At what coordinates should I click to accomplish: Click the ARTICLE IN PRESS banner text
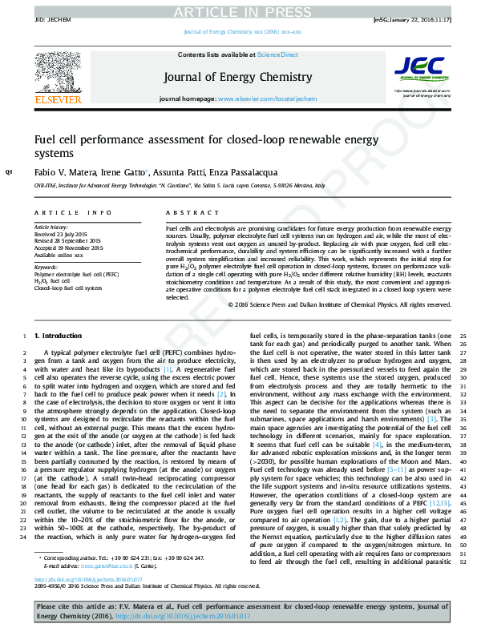coord(238,11)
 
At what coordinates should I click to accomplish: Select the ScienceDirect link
coord(277,54)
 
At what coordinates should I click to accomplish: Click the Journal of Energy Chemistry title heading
coord(237,77)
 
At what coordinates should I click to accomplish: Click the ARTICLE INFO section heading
coord(73,212)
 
